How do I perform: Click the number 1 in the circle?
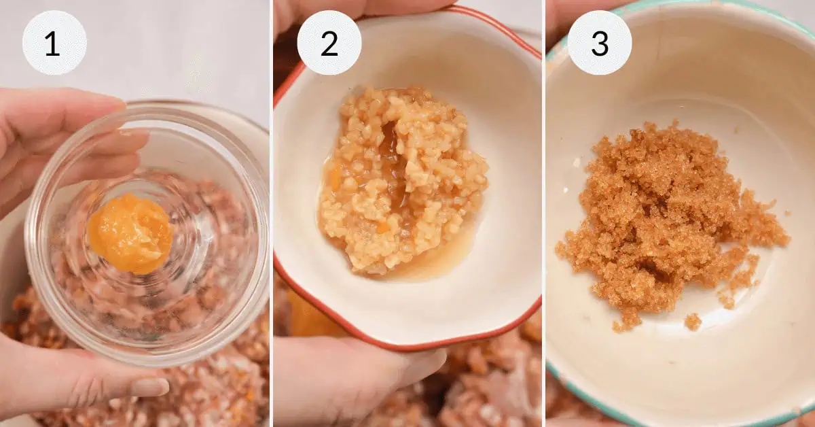[x=52, y=44]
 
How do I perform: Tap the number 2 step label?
[x=329, y=44]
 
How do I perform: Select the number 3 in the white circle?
[x=600, y=44]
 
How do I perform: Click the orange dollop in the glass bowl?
[x=130, y=233]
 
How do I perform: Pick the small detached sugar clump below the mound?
[x=693, y=322]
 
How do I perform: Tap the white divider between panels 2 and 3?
[x=543, y=213]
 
